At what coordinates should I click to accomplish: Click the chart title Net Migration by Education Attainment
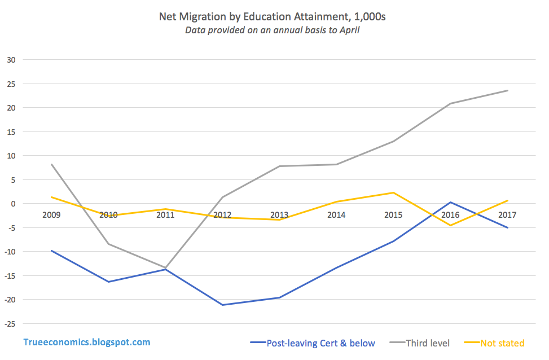(273, 17)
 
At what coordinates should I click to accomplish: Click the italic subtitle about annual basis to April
(273, 30)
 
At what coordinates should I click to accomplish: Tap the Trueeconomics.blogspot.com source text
(87, 342)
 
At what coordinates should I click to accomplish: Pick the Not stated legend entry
(502, 343)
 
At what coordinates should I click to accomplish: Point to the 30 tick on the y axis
(12, 60)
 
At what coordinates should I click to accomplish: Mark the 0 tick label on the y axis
(14, 203)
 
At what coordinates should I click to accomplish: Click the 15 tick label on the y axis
(12, 131)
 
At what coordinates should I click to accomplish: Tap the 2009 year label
(51, 215)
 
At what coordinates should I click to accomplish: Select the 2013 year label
(279, 215)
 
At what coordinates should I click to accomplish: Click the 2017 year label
(507, 215)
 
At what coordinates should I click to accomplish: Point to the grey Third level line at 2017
(507, 90)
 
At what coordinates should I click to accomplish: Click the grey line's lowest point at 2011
(165, 267)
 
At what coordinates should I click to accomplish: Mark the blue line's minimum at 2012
(222, 305)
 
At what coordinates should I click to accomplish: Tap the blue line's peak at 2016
(450, 202)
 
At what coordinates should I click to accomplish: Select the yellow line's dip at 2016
(450, 225)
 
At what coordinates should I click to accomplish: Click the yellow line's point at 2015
(393, 192)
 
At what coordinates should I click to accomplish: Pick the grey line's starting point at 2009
(51, 164)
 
